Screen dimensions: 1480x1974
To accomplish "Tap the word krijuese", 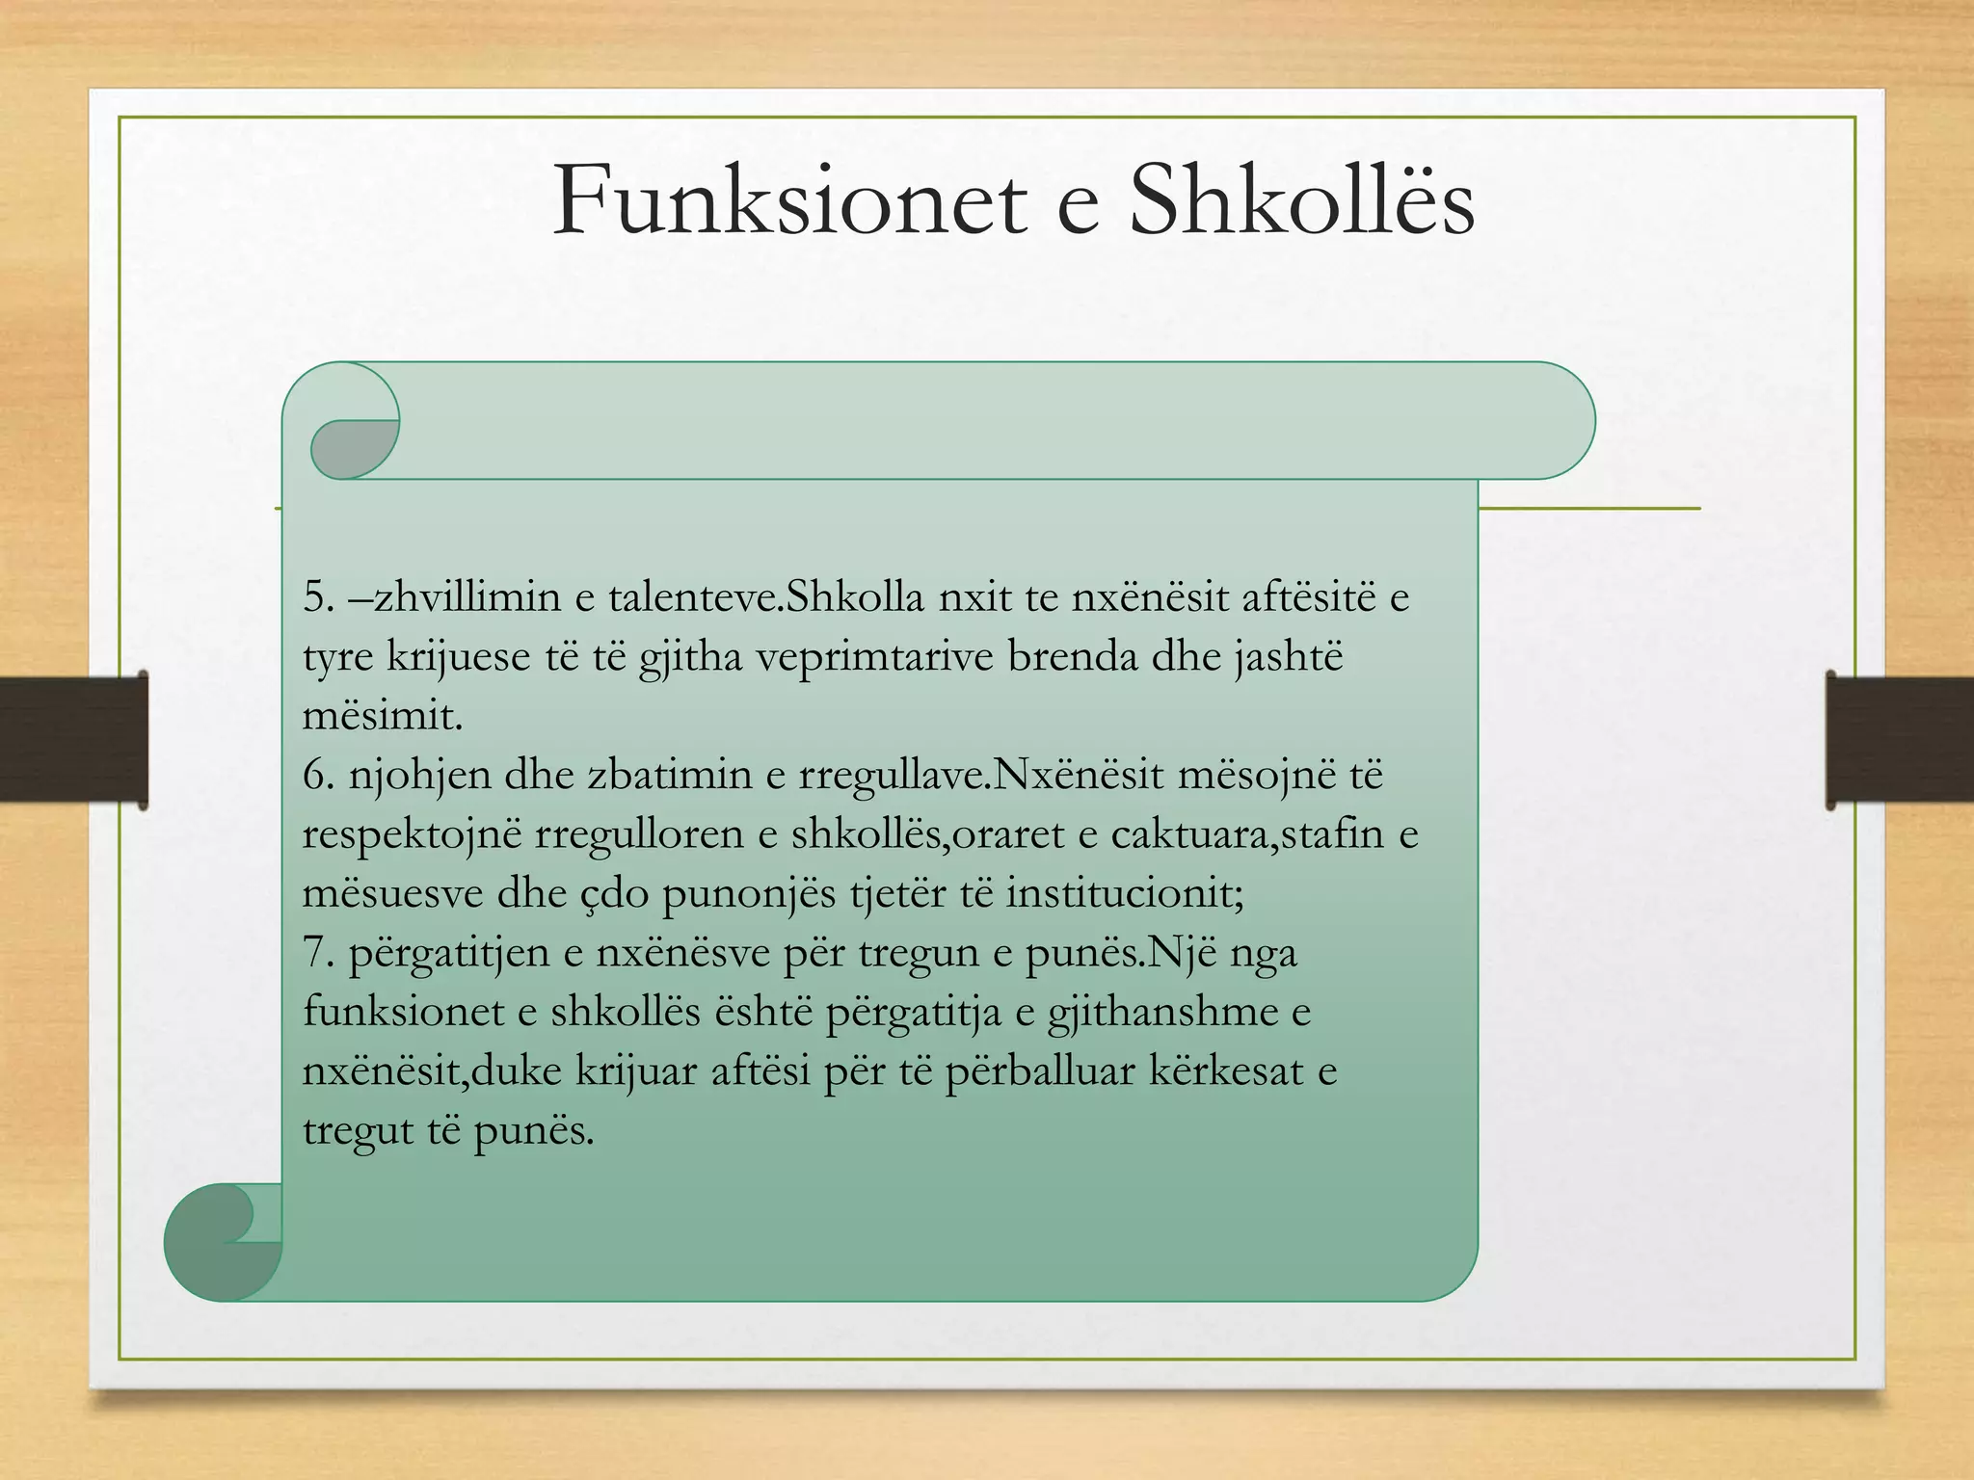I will (x=459, y=658).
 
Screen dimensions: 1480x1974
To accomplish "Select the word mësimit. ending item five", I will (x=383, y=716).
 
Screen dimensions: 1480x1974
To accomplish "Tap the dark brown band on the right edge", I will (x=1899, y=739).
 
